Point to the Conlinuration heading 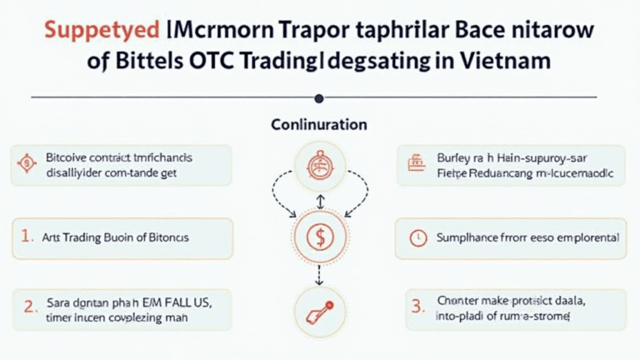click(x=319, y=125)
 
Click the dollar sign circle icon click(x=320, y=236)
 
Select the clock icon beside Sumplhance click(x=417, y=237)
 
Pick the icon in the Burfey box click(x=413, y=164)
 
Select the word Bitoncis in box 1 click(x=167, y=237)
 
